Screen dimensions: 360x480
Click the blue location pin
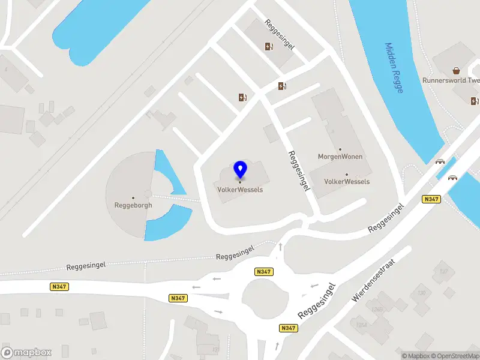click(241, 170)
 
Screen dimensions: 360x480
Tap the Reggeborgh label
click(133, 205)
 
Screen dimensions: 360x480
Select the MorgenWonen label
click(340, 157)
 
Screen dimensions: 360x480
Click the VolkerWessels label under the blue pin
click(240, 190)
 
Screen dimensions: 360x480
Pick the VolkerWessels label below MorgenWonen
click(347, 181)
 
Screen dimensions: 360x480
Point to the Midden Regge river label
click(394, 67)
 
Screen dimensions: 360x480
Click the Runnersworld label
click(451, 80)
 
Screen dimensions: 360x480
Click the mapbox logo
click(26, 352)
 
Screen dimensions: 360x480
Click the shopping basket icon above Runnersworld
click(457, 70)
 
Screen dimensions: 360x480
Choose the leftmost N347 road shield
click(59, 287)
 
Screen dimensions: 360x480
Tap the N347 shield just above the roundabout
click(263, 272)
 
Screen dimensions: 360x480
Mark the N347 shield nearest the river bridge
click(431, 199)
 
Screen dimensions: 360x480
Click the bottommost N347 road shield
click(289, 328)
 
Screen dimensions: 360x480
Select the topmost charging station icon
click(269, 46)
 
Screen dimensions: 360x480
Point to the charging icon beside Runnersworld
click(475, 101)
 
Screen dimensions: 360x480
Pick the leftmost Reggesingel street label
click(86, 266)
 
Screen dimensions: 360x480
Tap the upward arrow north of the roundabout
click(280, 247)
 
